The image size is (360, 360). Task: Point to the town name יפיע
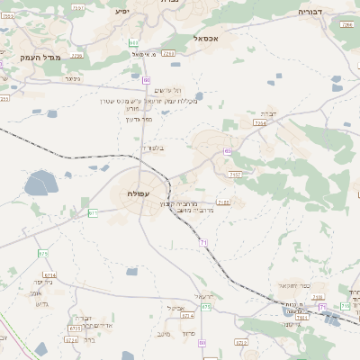point(122,11)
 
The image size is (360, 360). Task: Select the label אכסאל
point(207,39)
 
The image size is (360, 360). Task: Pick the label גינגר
point(73,78)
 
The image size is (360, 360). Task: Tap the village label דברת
point(272,113)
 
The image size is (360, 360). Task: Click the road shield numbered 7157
point(235,174)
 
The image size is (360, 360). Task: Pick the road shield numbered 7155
point(223,203)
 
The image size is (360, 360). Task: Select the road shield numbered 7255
point(76,54)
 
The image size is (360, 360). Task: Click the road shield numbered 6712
point(240,342)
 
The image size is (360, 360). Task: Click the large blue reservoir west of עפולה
point(40,185)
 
